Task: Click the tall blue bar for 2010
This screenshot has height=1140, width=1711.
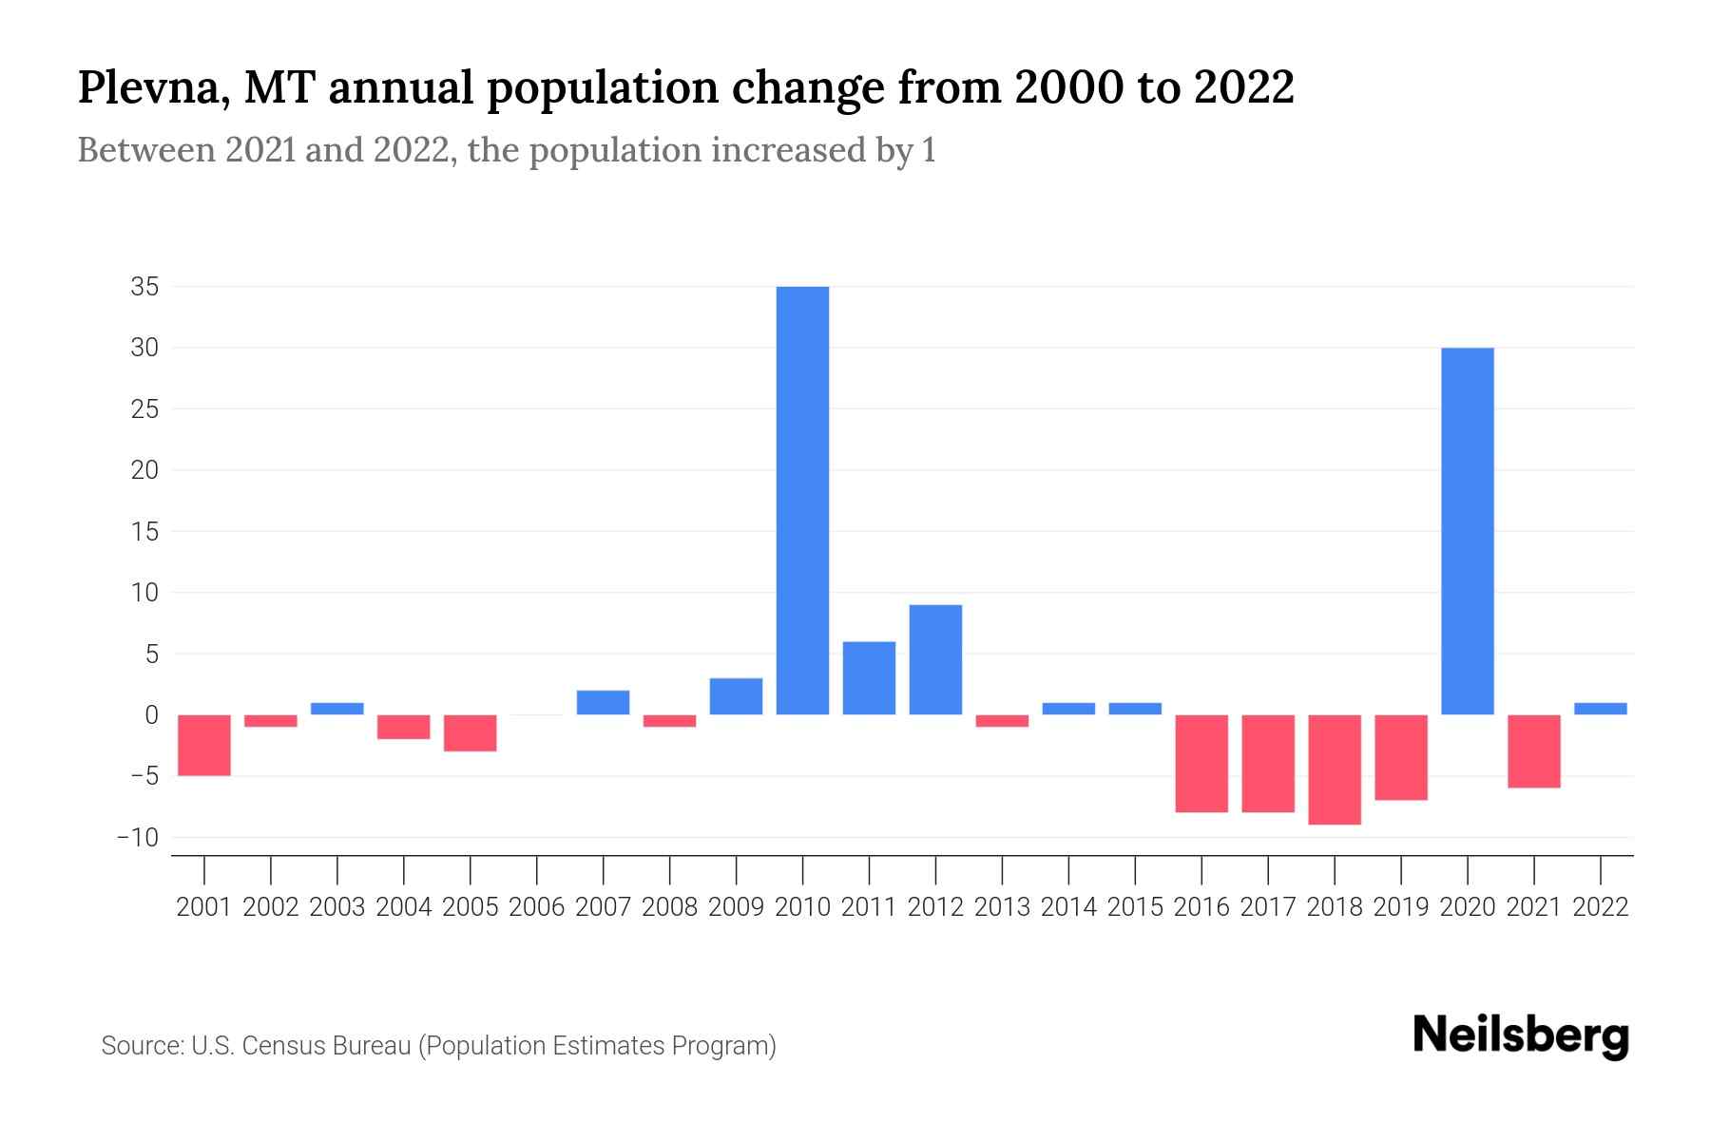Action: tap(802, 501)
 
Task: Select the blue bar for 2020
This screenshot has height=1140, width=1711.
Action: tap(1467, 531)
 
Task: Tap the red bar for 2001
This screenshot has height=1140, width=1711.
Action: tap(204, 745)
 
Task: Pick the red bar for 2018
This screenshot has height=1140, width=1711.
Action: tap(1335, 769)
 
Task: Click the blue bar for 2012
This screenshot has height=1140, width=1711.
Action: tap(935, 659)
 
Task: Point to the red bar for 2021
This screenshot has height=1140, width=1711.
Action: tap(1533, 750)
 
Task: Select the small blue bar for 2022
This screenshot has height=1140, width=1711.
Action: tap(1600, 709)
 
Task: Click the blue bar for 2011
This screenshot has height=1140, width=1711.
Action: tap(869, 678)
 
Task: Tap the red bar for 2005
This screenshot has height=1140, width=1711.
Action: tap(471, 732)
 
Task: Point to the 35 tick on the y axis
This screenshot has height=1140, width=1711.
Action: tap(144, 287)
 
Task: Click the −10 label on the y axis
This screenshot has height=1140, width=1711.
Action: tap(138, 838)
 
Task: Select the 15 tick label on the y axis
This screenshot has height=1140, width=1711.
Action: tap(144, 532)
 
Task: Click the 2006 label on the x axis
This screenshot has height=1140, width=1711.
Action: tap(537, 907)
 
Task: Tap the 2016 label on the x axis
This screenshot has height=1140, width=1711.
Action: tap(1202, 907)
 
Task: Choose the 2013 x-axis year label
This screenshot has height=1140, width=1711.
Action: tap(1002, 907)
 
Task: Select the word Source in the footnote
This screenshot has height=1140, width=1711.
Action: tap(142, 1046)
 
